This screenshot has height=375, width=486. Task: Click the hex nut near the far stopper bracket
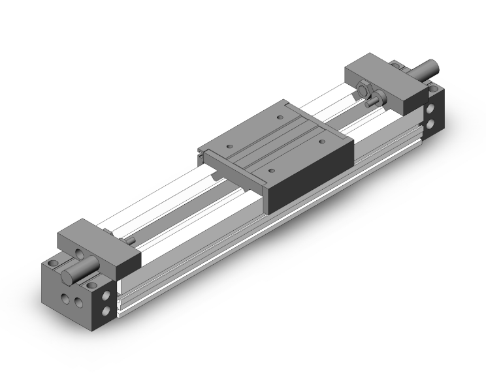click(x=364, y=88)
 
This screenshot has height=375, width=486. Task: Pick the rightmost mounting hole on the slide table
click(x=322, y=138)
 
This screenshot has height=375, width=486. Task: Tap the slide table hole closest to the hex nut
click(x=280, y=119)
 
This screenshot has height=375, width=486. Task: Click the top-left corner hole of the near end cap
click(x=54, y=265)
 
